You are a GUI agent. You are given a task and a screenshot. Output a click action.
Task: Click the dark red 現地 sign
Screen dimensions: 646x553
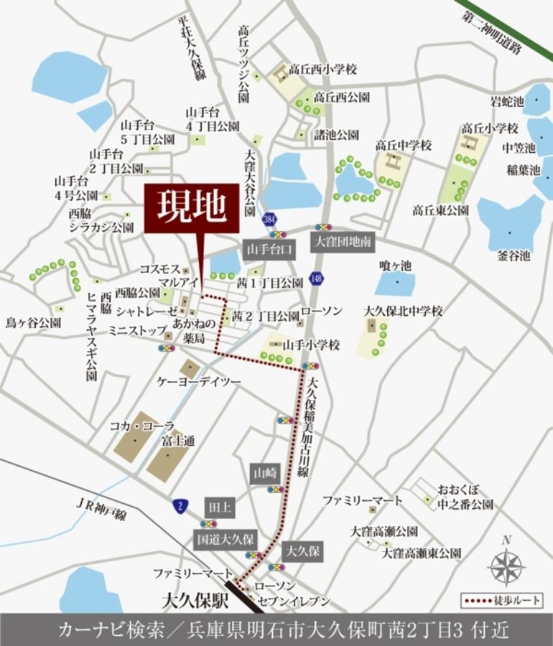tap(192, 209)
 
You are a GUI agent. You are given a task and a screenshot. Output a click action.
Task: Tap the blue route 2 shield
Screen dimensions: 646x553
tap(180, 505)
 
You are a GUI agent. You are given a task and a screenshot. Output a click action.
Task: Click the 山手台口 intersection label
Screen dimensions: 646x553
tap(269, 248)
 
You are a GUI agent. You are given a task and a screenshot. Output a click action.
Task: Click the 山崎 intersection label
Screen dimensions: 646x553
tap(264, 473)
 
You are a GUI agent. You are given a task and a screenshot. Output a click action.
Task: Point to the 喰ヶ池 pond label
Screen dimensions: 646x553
tap(396, 266)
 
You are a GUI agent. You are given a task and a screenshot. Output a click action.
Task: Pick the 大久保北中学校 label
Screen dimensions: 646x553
tap(403, 311)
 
